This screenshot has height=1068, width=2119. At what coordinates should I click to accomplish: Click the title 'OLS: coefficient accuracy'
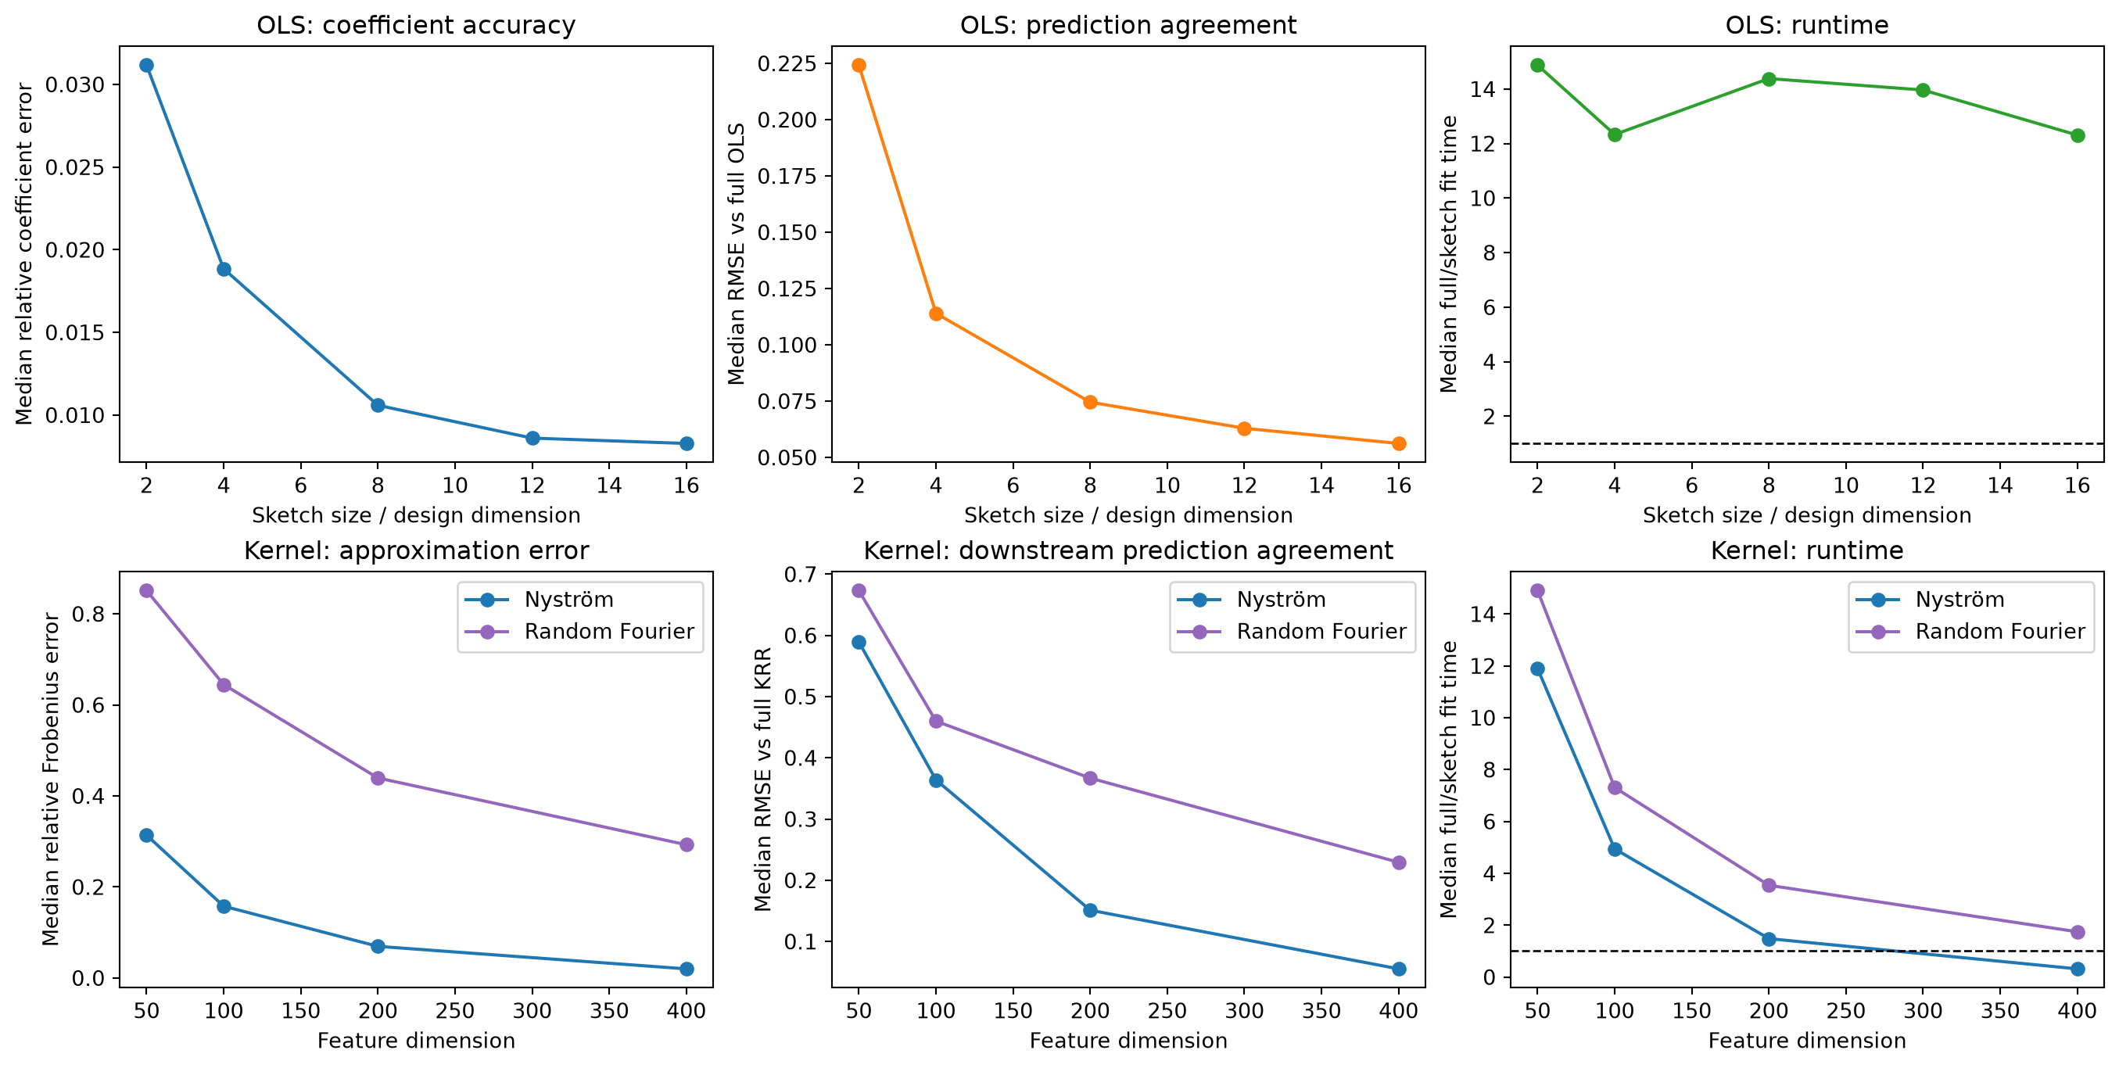tap(416, 25)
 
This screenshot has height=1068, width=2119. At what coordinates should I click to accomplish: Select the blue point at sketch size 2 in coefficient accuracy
tap(146, 65)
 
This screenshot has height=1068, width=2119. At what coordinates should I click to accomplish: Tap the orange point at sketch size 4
tap(936, 314)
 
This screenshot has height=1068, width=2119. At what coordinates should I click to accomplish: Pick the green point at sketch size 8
tap(1769, 79)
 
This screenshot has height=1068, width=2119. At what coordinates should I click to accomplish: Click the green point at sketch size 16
tap(2078, 136)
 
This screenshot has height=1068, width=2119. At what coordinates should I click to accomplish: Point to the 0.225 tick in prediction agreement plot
tap(787, 63)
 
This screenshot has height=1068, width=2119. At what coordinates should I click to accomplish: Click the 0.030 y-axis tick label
tap(76, 84)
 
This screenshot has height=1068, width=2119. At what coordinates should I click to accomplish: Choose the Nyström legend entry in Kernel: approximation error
tap(540, 599)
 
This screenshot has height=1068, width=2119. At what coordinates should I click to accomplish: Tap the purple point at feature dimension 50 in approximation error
tap(146, 591)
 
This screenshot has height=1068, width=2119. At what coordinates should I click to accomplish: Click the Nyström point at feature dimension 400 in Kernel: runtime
tap(2078, 969)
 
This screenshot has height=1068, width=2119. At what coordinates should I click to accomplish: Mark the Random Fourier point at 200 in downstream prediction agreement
tap(1090, 779)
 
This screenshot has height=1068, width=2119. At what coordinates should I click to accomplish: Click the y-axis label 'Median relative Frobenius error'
tap(51, 779)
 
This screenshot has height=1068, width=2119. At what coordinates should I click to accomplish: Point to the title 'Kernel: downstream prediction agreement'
tap(1128, 550)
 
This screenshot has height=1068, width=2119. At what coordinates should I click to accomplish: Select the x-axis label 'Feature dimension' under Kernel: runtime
tap(1807, 1041)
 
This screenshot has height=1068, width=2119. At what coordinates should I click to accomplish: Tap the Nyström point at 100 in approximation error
tap(224, 907)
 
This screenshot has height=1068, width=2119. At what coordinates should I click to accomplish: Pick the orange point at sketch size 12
tap(1245, 428)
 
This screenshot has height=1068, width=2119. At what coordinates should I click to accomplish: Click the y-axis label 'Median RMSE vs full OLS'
tap(737, 253)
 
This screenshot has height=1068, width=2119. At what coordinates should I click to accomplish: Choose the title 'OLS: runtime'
tap(1807, 25)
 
